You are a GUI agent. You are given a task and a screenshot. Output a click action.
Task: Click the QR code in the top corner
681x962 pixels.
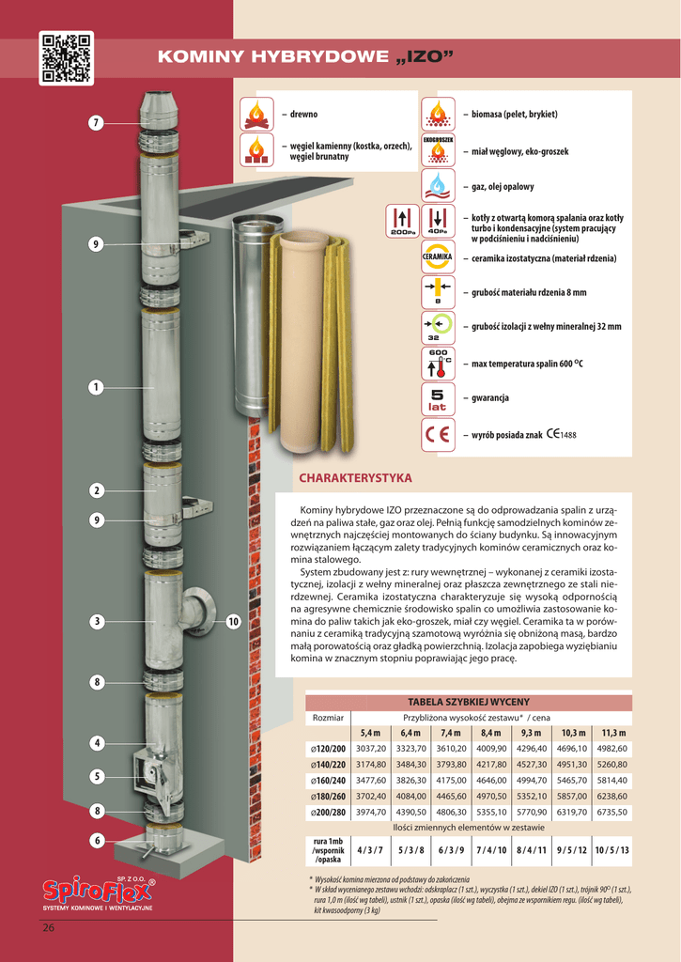pos(67,58)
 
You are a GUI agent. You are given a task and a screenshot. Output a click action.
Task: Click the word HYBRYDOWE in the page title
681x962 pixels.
pos(318,57)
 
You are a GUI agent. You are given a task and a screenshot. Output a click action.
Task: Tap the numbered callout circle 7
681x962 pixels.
pos(96,123)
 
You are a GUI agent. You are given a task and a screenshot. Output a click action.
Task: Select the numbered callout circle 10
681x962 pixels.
pos(234,621)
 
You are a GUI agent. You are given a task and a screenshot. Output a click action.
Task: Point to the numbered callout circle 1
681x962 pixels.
pos(96,386)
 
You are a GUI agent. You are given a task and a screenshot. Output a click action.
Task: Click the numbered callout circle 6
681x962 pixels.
pos(96,841)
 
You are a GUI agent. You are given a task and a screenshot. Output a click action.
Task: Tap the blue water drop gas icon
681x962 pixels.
pos(437,185)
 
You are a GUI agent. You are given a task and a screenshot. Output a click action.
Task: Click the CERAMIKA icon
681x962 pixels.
pos(437,256)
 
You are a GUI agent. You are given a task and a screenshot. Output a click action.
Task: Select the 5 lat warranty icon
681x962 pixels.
pos(437,398)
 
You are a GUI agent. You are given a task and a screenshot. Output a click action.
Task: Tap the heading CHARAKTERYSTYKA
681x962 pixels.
pos(355,478)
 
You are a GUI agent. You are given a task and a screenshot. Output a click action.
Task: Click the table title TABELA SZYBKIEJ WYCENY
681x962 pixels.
pos(469,702)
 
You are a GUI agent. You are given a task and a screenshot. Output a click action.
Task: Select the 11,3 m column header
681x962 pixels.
pos(612,733)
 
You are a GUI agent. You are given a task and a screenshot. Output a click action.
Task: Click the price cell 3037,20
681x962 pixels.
pos(372,748)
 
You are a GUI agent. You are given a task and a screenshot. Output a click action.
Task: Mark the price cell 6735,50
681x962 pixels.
pos(612,812)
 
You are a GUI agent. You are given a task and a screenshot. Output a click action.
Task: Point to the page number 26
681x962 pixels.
pos(49,929)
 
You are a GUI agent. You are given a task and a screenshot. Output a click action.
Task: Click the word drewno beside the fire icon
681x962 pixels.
pos(303,115)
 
